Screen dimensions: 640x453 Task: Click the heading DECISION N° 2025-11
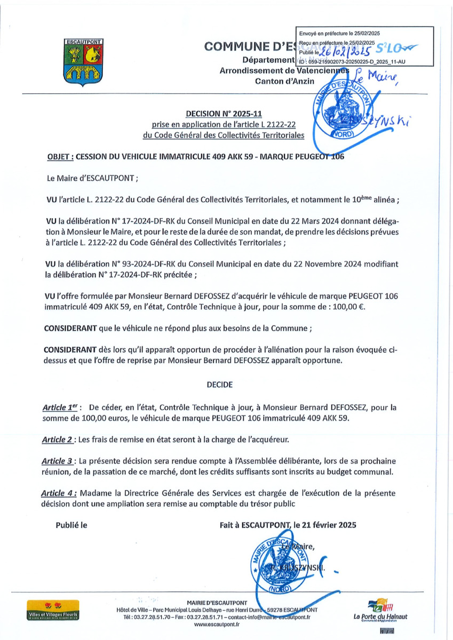(x=223, y=113)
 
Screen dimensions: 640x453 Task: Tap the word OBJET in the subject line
(x=59, y=157)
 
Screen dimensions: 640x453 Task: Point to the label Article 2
(x=59, y=441)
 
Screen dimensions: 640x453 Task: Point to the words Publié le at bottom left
(x=71, y=525)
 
